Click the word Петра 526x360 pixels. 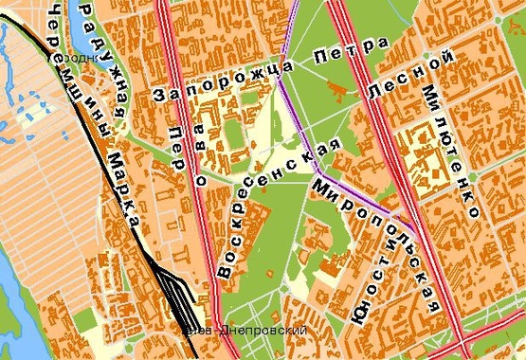click(x=356, y=51)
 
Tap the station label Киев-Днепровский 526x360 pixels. click(x=248, y=331)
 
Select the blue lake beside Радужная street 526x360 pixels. click(x=95, y=38)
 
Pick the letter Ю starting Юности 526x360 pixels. click(x=358, y=317)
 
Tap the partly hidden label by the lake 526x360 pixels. click(x=73, y=57)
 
